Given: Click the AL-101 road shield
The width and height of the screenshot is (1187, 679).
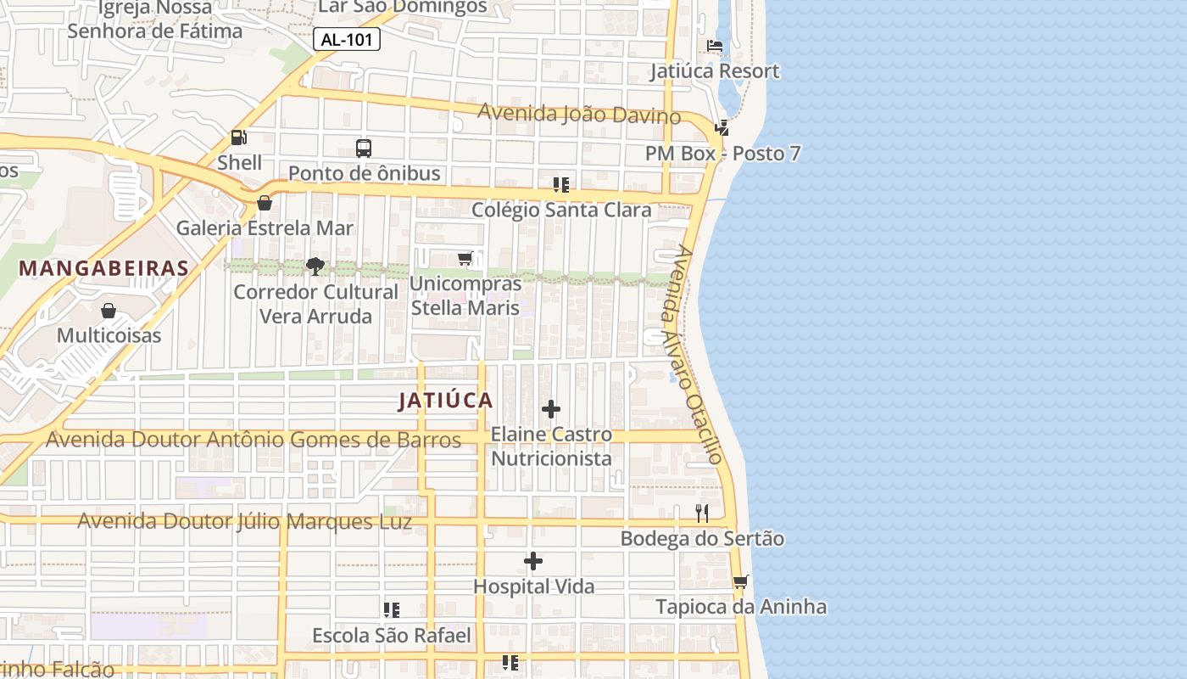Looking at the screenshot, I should (x=347, y=39).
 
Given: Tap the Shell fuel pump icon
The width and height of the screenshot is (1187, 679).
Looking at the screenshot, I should (x=239, y=137).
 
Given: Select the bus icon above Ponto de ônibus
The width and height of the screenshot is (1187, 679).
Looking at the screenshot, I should (x=364, y=149).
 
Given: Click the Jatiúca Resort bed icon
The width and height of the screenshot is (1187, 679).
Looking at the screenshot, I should (x=715, y=46).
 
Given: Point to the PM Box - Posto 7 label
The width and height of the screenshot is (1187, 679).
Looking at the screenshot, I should (x=722, y=154).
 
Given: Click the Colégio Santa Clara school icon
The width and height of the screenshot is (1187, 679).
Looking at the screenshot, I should (x=560, y=184).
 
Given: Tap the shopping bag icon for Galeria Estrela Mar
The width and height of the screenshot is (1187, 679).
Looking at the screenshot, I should (x=265, y=203).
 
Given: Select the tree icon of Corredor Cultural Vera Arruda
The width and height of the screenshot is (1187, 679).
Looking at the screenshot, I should (x=315, y=267).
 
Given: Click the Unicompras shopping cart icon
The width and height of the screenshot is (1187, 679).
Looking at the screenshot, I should (x=465, y=258).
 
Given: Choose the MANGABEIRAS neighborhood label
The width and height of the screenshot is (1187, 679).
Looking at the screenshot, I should (x=103, y=268).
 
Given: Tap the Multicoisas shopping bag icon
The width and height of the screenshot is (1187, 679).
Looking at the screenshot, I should (x=109, y=311).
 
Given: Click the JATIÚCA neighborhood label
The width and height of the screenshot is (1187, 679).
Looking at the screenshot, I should (x=446, y=401).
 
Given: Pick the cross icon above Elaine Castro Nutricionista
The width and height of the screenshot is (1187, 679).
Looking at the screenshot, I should (x=551, y=409).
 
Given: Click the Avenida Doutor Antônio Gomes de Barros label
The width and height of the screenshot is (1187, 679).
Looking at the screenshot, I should (x=254, y=440).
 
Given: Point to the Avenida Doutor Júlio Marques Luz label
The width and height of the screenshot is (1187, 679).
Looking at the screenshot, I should (x=245, y=521).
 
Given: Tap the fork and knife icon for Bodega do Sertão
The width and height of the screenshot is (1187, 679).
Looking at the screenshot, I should (x=702, y=513).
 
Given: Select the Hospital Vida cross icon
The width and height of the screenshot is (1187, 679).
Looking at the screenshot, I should (x=533, y=561).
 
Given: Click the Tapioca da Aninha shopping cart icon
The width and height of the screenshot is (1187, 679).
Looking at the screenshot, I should (x=741, y=582).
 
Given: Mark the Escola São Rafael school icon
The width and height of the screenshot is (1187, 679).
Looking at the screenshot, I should (x=392, y=610).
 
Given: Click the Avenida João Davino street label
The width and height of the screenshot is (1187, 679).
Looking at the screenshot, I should (x=579, y=113).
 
